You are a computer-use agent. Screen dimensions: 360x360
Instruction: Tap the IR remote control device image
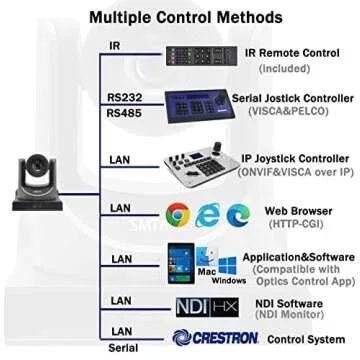(204, 57)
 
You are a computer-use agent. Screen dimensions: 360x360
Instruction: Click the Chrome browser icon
(178, 214)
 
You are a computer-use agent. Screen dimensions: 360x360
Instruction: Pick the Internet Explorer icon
(208, 214)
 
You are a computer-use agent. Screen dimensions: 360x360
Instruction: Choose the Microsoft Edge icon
(235, 214)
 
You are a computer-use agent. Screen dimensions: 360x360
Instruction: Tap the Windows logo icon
(227, 264)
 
